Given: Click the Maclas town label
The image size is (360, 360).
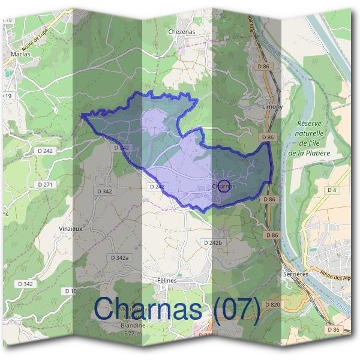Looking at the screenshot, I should click(x=20, y=54).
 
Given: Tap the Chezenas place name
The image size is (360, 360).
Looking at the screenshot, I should click(x=182, y=31).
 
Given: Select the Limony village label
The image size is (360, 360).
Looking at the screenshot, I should click(x=256, y=106).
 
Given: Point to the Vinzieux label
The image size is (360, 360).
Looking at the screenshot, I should click(x=71, y=229).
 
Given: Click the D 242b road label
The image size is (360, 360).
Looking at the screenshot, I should click(x=213, y=242).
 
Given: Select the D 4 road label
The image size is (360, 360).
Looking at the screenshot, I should click(x=332, y=190).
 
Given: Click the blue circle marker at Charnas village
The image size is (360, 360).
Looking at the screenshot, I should click(x=224, y=185).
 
